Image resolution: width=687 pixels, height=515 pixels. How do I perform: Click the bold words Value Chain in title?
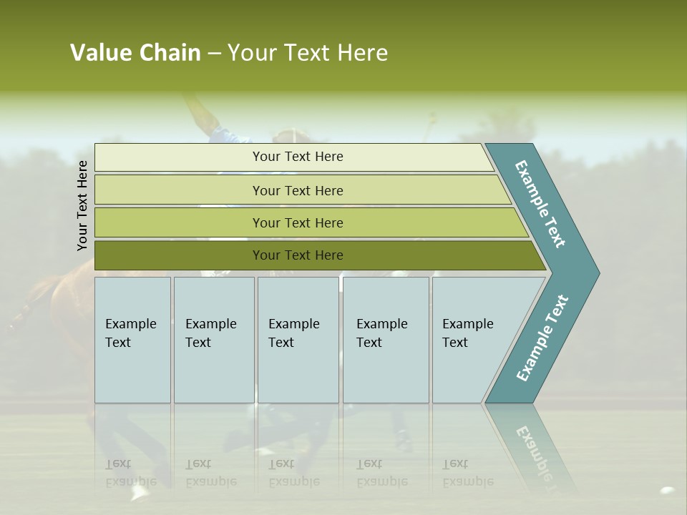[x=135, y=53]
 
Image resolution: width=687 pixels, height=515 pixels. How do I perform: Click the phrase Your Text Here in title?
[x=308, y=53]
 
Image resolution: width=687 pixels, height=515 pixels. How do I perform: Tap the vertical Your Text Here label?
[x=82, y=205]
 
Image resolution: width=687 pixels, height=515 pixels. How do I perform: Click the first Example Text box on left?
[x=132, y=340]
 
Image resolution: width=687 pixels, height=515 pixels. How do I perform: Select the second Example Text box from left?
[x=213, y=340]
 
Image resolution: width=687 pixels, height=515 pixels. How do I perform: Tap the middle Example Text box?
[x=297, y=340]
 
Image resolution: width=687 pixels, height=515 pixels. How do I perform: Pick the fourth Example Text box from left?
[x=385, y=340]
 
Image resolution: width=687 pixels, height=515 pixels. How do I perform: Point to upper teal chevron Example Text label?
[x=540, y=204]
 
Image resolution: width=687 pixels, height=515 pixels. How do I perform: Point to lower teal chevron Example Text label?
[x=542, y=338]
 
